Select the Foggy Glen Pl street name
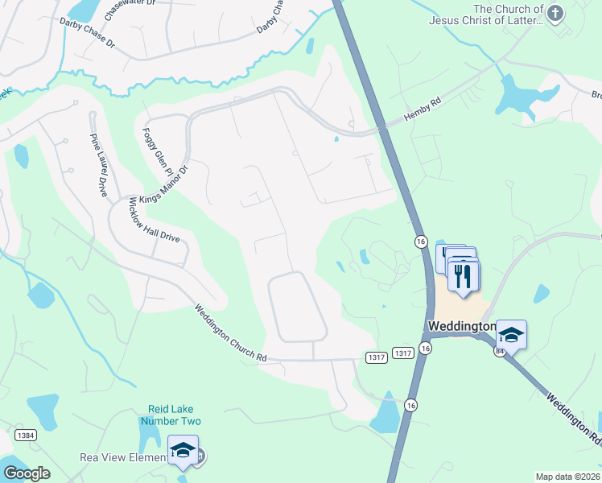157,152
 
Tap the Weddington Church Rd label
230,332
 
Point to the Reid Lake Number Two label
170,415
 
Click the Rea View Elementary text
124,457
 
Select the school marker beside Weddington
511,334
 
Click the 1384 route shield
24,436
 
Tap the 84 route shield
500,351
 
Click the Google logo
27,473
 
